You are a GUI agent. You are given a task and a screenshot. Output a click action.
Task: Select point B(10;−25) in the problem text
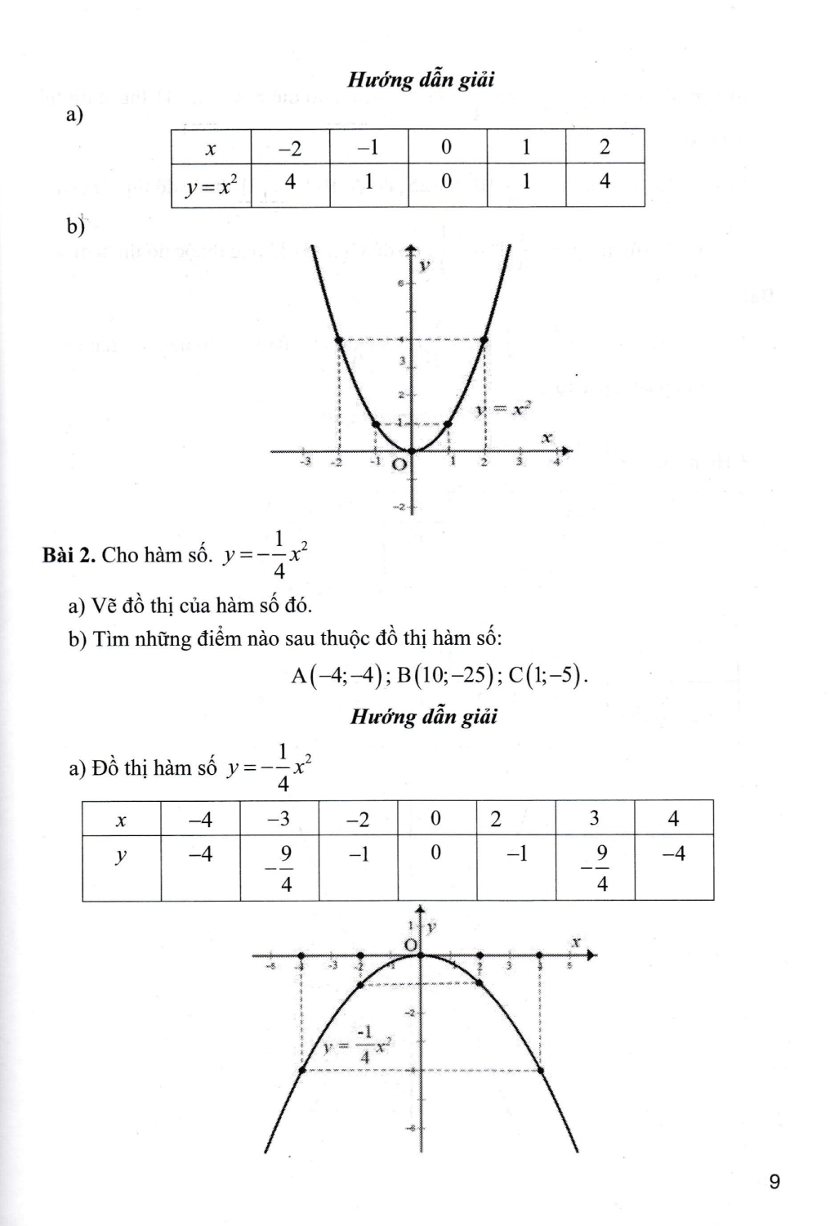coord(448,675)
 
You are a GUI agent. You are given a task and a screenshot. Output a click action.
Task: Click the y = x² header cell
coord(211,186)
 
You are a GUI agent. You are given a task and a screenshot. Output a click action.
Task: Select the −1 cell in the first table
coord(368,147)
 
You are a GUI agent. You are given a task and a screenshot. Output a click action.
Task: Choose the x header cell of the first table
coord(211,148)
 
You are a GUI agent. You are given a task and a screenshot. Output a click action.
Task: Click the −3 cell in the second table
coord(279,818)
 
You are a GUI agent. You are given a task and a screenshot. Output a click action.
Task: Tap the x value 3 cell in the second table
coord(594,818)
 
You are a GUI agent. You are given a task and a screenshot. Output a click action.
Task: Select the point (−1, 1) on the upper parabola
coord(375,423)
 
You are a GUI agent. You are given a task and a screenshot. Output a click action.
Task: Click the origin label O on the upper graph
coord(399,465)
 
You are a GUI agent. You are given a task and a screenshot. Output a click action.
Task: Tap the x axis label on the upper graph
coord(547,439)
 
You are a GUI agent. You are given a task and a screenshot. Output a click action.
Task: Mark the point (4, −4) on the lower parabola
coord(540,1069)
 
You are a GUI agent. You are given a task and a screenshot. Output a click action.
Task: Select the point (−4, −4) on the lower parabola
coord(302,1069)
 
